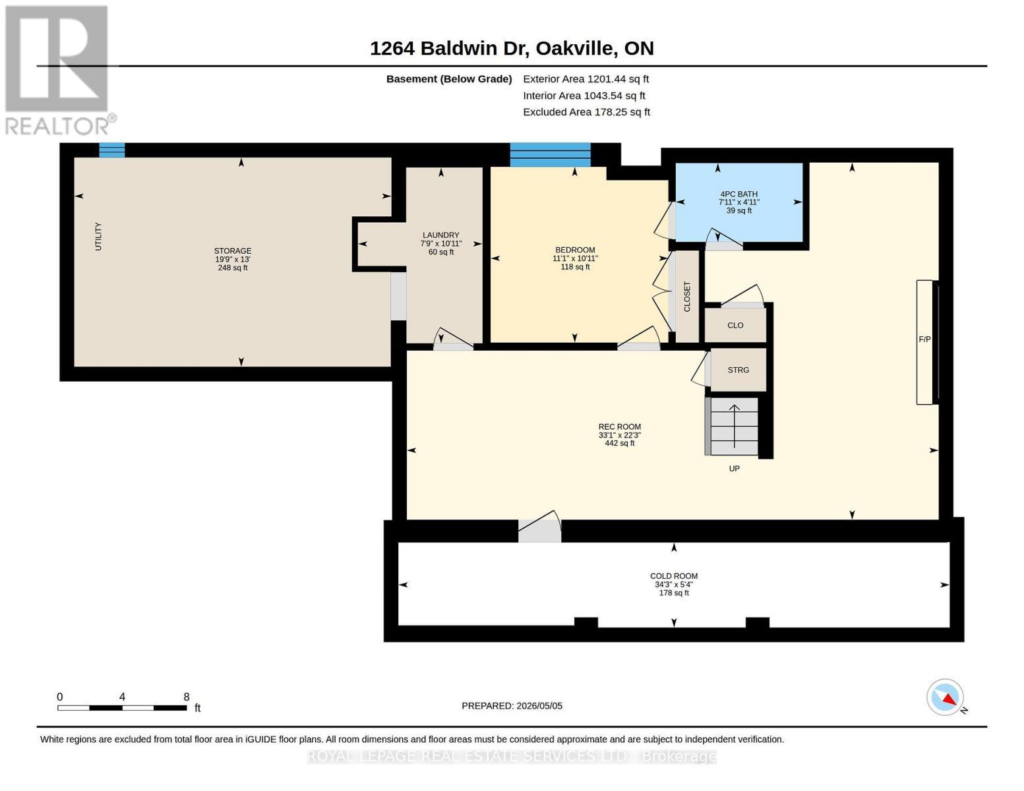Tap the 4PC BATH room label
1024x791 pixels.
[738, 194]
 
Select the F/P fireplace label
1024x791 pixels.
[924, 339]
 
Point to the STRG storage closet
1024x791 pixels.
[738, 370]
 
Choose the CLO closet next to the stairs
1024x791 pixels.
[736, 325]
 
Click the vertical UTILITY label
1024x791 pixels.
[98, 236]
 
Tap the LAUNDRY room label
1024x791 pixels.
[440, 235]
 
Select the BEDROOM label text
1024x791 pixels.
[575, 250]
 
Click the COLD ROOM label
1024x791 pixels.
[674, 575]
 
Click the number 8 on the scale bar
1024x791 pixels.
[187, 697]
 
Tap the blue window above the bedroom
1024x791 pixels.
[551, 154]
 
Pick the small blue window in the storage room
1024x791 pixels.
[111, 150]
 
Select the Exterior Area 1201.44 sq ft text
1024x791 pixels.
[586, 79]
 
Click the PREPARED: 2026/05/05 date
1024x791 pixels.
[512, 706]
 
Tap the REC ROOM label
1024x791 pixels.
[620, 426]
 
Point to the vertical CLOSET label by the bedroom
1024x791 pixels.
[687, 297]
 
